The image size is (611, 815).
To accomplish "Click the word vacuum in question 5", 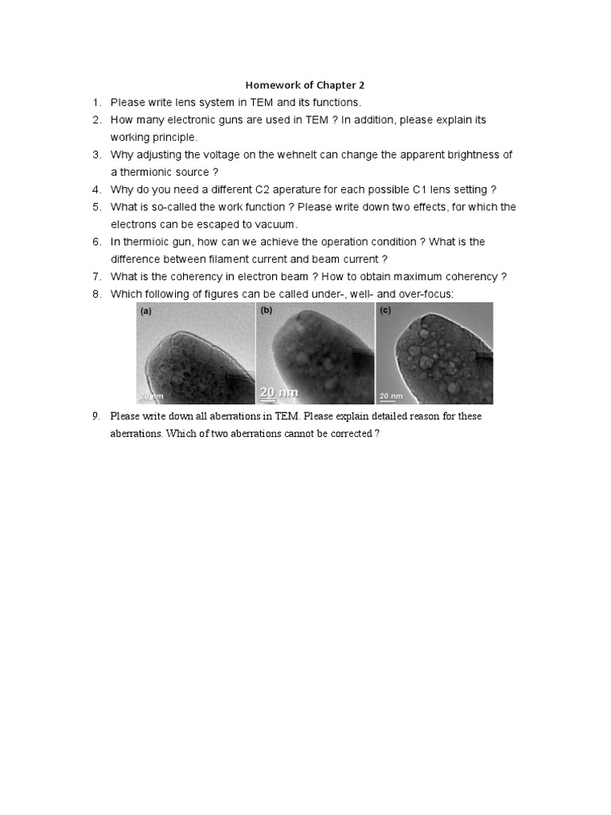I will (277, 224).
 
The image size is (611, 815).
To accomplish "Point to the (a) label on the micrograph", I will (146, 311).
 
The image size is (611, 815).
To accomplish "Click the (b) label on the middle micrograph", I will (267, 311).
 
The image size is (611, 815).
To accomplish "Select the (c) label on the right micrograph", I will (386, 311).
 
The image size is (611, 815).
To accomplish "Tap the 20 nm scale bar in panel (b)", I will (279, 392).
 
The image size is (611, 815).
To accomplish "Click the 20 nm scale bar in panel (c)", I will (391, 396).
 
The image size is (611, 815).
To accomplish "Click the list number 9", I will (95, 416).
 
